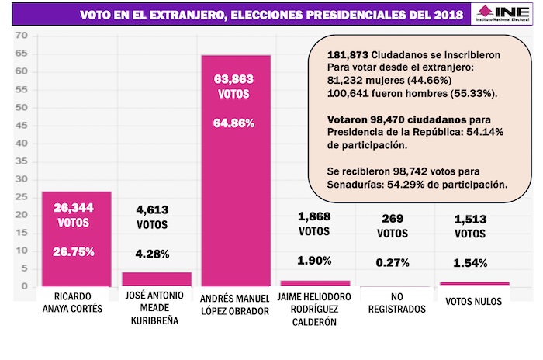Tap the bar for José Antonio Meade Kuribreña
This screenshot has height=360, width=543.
click(156, 279)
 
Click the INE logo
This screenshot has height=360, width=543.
click(505, 15)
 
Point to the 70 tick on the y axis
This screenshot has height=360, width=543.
click(21, 36)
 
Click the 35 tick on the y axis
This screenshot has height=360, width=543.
click(21, 161)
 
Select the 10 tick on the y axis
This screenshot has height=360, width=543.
click(21, 251)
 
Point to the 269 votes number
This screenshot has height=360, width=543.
click(395, 220)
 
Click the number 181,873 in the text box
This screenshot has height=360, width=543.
click(338, 56)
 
